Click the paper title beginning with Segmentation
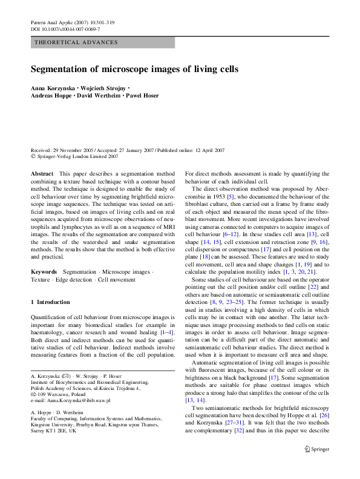134,69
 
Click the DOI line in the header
65,29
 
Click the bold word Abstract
42,174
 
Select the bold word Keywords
44,273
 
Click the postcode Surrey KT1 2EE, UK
60,431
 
